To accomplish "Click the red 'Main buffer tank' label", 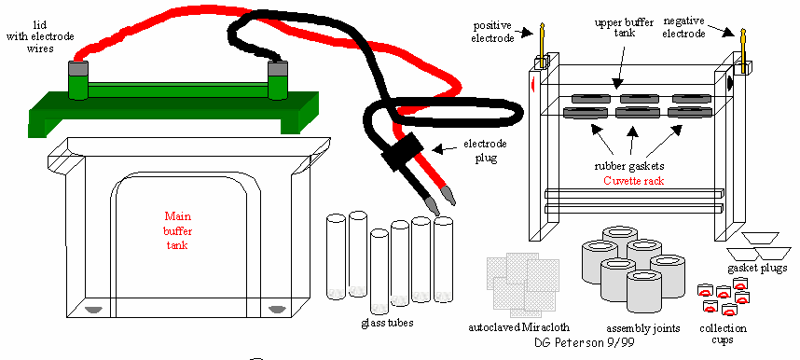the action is point(178,230).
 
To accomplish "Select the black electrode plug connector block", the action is point(402,154).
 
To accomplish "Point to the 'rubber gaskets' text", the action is point(629,167).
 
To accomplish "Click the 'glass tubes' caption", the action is point(387,322).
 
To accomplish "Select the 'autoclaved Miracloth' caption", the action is point(518,327).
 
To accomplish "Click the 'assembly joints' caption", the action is point(642,328).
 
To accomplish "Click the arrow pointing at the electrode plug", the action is point(442,148).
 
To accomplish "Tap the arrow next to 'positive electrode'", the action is point(525,33).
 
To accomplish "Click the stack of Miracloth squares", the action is point(523,283).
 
